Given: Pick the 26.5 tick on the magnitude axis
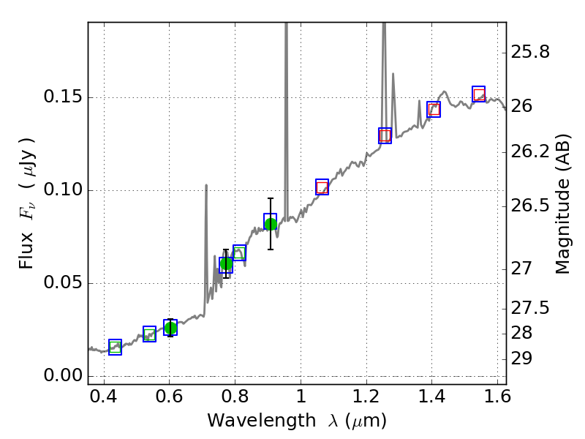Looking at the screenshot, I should coord(530,206).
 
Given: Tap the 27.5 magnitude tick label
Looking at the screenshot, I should coord(530,308).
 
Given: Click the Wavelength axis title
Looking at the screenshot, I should coord(296,421).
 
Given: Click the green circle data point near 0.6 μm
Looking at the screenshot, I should coord(170,328).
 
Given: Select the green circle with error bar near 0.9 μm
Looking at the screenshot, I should coord(271,224).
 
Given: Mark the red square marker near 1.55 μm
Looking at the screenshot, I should coord(479,94).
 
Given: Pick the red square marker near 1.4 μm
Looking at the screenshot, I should coord(434,110).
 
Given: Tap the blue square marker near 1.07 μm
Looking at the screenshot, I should coord(322,187).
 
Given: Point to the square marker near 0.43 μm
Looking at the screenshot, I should coord(115,348).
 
